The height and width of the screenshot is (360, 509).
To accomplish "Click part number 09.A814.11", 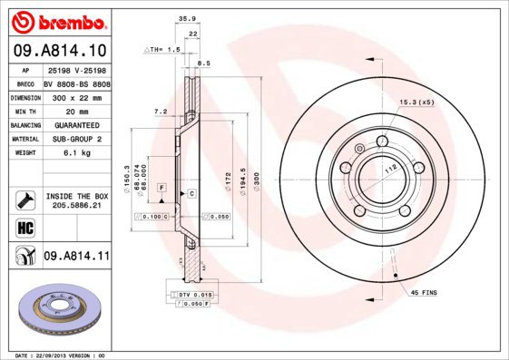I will [x=76, y=257].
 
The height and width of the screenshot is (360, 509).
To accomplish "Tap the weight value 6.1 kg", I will [x=76, y=153].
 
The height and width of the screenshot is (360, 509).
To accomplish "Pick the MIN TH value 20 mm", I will [x=76, y=110].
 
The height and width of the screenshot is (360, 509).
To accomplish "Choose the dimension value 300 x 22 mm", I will [x=76, y=96].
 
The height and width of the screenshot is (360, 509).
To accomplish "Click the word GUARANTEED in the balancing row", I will [x=76, y=124].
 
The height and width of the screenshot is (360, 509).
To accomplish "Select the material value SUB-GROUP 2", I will [x=76, y=139].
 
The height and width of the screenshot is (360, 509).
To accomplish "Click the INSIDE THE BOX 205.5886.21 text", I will [x=76, y=200].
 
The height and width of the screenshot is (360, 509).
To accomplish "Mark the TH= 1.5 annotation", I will [x=162, y=51].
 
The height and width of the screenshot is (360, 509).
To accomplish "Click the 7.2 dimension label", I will [x=161, y=112].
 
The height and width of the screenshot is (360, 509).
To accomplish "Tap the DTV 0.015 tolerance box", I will [x=195, y=295].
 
